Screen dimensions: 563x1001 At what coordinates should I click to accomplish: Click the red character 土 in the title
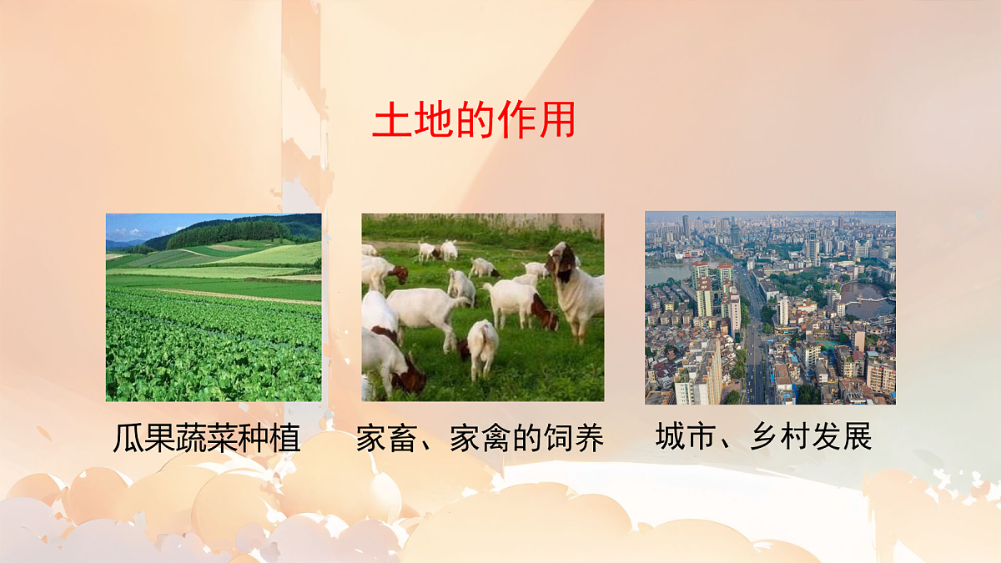tap(388, 122)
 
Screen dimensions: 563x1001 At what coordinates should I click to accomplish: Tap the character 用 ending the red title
tap(557, 122)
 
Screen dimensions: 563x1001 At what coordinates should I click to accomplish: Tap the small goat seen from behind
tap(482, 346)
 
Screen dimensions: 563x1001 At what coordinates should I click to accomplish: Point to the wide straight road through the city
tap(754, 350)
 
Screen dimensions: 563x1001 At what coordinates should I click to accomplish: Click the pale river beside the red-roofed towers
tap(666, 274)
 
